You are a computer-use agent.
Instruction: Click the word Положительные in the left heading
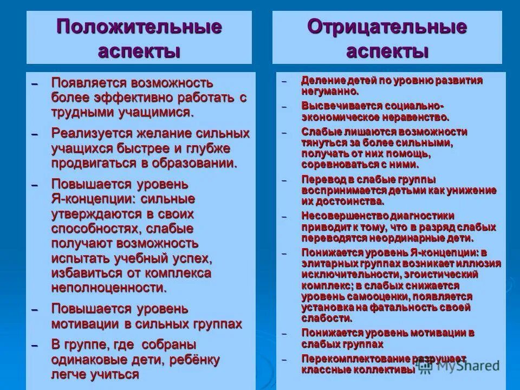click(x=139, y=27)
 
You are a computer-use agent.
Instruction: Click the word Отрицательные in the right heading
click(x=387, y=27)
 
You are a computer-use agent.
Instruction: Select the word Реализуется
click(x=89, y=133)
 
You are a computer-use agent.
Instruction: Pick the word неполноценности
click(x=108, y=287)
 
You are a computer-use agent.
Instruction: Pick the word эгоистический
click(x=444, y=274)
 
